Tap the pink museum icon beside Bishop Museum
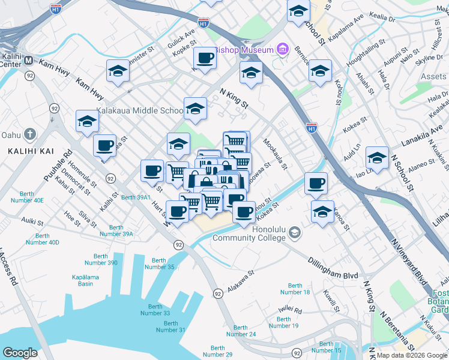[x=282, y=50]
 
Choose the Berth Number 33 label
[x=155, y=309]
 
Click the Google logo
[x=20, y=353]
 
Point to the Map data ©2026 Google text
[x=412, y=355]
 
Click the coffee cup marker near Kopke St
[x=205, y=58]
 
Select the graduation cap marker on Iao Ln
[x=377, y=158]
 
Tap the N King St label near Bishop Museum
[x=234, y=99]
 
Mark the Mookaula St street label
[x=276, y=154]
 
